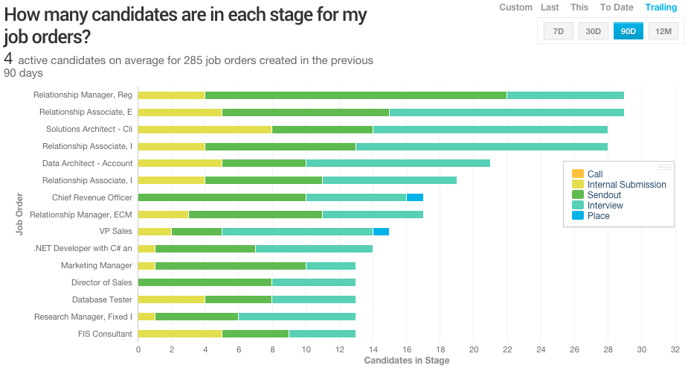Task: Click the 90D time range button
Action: (628, 31)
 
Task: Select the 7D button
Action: (559, 31)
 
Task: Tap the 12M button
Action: (663, 31)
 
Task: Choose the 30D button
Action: (594, 31)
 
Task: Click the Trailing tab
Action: (661, 7)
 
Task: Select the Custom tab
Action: (515, 7)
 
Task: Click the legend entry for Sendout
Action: (604, 195)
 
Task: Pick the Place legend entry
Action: (598, 216)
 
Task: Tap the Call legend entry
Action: (595, 174)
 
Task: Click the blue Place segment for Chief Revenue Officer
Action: (415, 197)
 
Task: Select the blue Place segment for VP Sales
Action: (381, 232)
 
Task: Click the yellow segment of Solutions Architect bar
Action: (205, 129)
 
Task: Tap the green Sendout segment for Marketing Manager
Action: (230, 266)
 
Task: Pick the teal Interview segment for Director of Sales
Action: (314, 283)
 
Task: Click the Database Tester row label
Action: (102, 300)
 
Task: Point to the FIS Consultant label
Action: (105, 334)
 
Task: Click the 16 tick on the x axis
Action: (406, 349)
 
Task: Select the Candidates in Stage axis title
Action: (407, 361)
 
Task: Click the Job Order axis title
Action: (19, 215)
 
